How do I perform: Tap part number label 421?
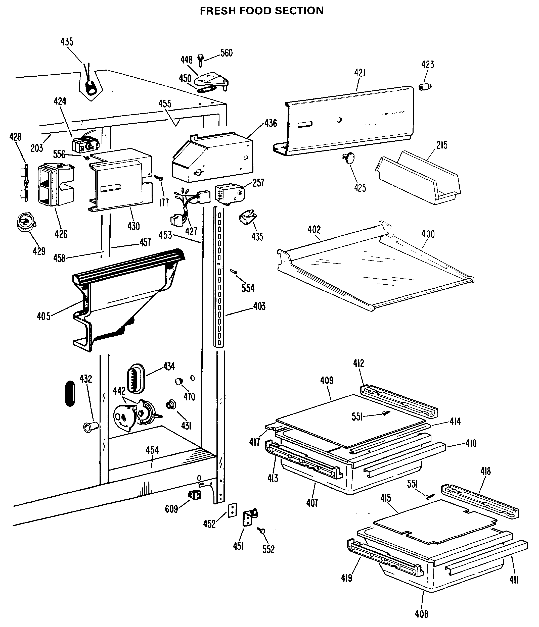click(x=360, y=73)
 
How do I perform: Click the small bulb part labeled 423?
click(x=425, y=87)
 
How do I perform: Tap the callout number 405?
click(x=43, y=317)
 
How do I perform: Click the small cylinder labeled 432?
click(x=91, y=427)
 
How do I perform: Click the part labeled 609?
click(x=195, y=495)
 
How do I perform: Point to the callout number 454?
click(x=152, y=450)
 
